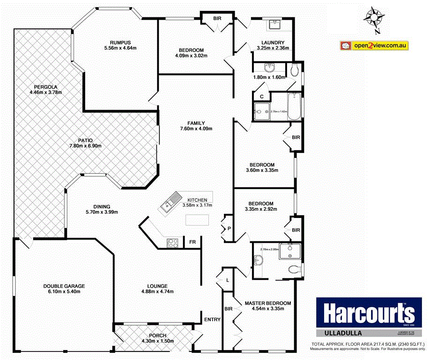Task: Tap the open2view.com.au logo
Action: pos(375,45)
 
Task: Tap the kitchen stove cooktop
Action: pos(173,243)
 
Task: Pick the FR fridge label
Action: pos(193,242)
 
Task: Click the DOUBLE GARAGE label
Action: pos(64,286)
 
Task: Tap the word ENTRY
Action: pos(212,320)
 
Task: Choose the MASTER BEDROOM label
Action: pos(267,303)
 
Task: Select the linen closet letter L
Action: pos(227,280)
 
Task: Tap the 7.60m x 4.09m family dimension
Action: pos(196,129)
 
